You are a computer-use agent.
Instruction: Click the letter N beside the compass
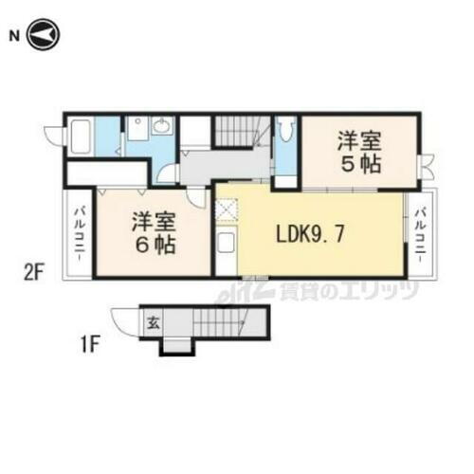(13, 37)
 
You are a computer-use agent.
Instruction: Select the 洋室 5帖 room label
(358, 152)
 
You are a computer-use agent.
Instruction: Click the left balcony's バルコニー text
(78, 236)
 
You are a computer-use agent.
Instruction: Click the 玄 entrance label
(152, 323)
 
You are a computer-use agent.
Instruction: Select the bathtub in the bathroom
(81, 136)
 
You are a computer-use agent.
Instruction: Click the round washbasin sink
(162, 127)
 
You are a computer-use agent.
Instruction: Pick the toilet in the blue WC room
(285, 130)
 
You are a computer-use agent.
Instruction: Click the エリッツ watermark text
(383, 289)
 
